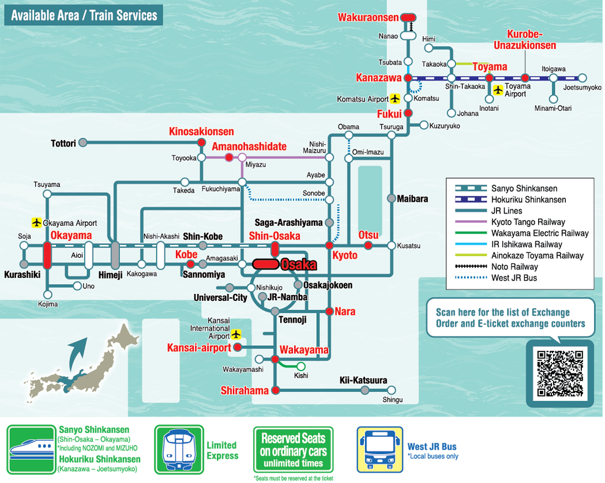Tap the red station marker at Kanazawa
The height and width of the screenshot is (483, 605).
(408, 78)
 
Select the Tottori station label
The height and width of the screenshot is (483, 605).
(63, 143)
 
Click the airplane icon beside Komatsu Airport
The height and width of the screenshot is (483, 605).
(395, 99)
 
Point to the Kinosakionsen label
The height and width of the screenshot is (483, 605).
(201, 132)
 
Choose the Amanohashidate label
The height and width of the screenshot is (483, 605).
(249, 146)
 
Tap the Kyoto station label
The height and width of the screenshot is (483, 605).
(345, 255)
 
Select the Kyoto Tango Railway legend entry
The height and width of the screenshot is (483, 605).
(528, 222)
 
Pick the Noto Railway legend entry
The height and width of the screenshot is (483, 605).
(514, 267)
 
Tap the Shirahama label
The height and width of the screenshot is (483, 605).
(245, 391)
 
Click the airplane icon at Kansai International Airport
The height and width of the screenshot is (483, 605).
(236, 334)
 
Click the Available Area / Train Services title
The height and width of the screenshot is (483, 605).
(84, 16)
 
